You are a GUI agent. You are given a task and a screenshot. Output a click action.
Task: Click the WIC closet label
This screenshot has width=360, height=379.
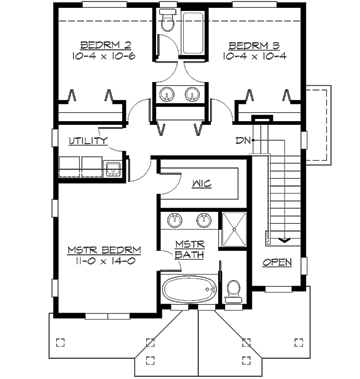tap(200, 184)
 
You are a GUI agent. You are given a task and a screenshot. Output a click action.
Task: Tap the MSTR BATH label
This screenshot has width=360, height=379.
tap(190, 250)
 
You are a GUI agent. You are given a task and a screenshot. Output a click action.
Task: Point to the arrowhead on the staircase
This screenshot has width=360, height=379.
tap(285, 240)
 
